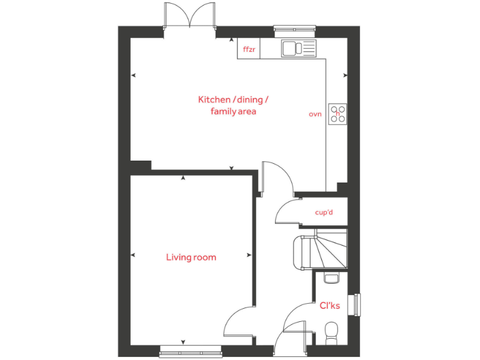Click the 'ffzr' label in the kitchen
pyautogui.click(x=249, y=49)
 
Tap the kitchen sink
pyautogui.click(x=299, y=47)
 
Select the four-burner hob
pyautogui.click(x=339, y=113)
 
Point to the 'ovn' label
pyautogui.click(x=315, y=114)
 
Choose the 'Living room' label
pyautogui.click(x=191, y=257)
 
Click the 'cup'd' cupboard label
pyautogui.click(x=324, y=212)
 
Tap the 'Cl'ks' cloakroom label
pyautogui.click(x=329, y=306)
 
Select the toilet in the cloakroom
pyautogui.click(x=332, y=329)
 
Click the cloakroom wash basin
pyautogui.click(x=331, y=277)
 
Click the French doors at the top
pyautogui.click(x=189, y=15)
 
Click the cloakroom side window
pyautogui.click(x=357, y=306)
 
